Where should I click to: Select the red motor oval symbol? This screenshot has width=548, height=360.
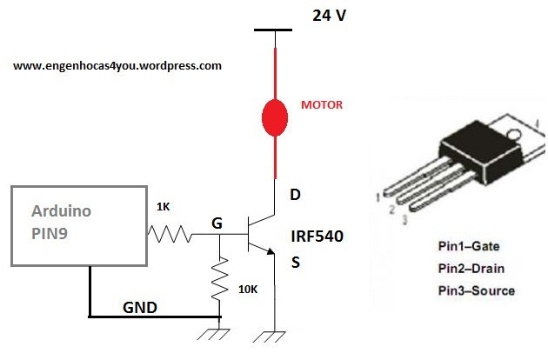[276, 117]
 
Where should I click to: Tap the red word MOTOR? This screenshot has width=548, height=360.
[322, 104]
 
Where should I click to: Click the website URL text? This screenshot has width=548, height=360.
[117, 65]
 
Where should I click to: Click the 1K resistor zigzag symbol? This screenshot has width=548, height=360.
[167, 234]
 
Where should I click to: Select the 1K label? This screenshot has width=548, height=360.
[164, 206]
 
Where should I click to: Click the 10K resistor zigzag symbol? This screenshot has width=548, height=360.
[221, 279]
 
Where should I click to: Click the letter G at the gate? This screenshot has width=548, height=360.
[217, 223]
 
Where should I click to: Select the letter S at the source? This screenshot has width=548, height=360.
[296, 262]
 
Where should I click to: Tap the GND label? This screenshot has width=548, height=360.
[140, 307]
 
